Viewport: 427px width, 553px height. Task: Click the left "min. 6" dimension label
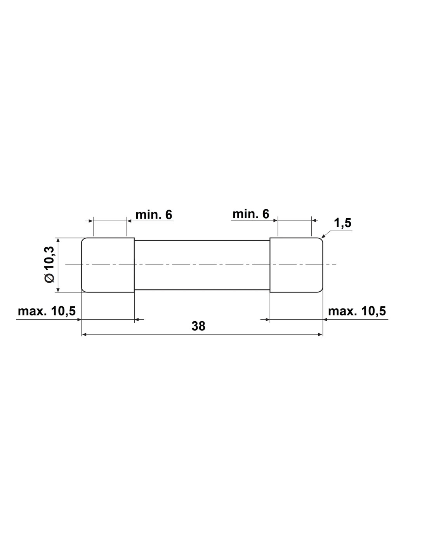154,215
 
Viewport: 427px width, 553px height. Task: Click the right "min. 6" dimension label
251,214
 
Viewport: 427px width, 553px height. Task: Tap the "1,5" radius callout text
343,223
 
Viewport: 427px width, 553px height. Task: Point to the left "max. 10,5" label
47,311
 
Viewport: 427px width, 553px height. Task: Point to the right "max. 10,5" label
357,311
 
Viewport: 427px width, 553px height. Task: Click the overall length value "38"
198,326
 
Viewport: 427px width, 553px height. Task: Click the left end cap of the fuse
108,265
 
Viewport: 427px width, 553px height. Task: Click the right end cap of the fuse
296,265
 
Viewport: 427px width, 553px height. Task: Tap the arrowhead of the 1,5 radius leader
323,236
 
